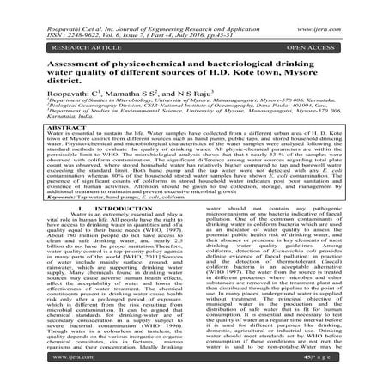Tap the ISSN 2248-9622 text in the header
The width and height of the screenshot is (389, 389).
click(51, 14)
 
